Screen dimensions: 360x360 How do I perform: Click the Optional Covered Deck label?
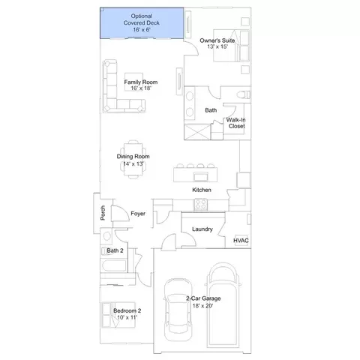[142, 22]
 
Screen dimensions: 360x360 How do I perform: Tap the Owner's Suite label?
[217, 40]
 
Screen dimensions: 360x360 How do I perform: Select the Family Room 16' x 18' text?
[141, 85]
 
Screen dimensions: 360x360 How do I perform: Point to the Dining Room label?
[133, 157]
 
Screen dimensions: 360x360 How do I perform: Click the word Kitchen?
[202, 190]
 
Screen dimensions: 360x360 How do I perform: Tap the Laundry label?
[202, 229]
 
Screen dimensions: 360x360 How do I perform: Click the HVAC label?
[241, 241]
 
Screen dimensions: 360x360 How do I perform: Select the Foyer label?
[138, 214]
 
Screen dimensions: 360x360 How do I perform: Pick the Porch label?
[103, 213]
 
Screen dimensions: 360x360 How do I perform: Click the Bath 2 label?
[115, 250]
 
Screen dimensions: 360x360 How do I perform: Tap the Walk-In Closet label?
[236, 123]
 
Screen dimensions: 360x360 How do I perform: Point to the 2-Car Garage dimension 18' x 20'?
[202, 305]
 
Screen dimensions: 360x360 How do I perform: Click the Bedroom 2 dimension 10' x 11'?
[127, 317]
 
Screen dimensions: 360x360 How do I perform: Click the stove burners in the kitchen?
[201, 205]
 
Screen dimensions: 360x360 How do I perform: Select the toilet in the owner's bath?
[243, 94]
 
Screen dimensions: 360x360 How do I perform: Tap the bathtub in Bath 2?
[114, 265]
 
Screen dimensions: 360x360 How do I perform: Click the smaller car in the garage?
[178, 310]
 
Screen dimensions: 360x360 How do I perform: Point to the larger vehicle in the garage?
[223, 305]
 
